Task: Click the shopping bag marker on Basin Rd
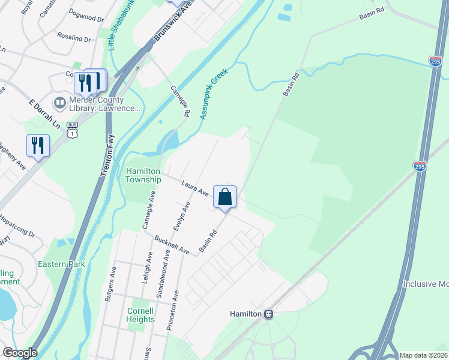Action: (x=224, y=197)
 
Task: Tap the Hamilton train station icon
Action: (x=270, y=314)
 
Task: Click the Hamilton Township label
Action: (x=143, y=175)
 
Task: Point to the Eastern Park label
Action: (x=61, y=264)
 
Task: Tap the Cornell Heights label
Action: (x=140, y=315)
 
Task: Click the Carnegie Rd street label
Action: (x=179, y=101)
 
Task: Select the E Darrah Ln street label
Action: (x=45, y=109)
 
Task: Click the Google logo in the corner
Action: (x=20, y=353)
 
